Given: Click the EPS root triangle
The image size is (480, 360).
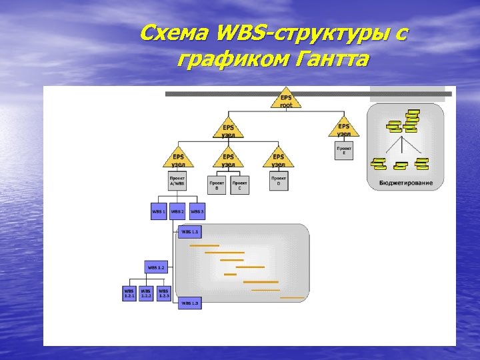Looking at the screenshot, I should pos(286,99).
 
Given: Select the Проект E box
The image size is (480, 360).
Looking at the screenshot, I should pos(344,151).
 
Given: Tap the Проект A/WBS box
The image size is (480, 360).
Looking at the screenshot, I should pos(177,182).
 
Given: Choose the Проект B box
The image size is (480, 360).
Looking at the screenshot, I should pos(217,185).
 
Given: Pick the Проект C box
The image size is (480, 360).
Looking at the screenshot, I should pos(240,185).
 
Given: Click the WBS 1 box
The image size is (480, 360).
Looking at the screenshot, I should pos(159,211).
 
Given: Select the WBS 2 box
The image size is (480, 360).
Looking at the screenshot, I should pos(177,211).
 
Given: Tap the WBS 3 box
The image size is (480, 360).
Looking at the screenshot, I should pos(197,211).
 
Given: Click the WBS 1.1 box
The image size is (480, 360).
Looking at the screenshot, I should pos(190,231).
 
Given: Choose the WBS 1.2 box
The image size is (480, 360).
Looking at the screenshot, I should pos(156,267).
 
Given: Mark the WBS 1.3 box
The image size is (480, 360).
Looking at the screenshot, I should pos(190,303).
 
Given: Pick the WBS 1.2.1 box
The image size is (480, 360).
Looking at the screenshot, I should pos(129,293).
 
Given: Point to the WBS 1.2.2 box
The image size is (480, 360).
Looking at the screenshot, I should pos(146,293).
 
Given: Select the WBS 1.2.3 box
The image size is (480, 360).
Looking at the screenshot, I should pos(164,293).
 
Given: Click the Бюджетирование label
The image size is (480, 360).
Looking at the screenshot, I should pos(405,183).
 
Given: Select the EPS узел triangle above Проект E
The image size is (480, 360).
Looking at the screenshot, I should pos(343,128).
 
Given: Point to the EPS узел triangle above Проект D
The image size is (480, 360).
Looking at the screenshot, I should pos(279,159).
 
